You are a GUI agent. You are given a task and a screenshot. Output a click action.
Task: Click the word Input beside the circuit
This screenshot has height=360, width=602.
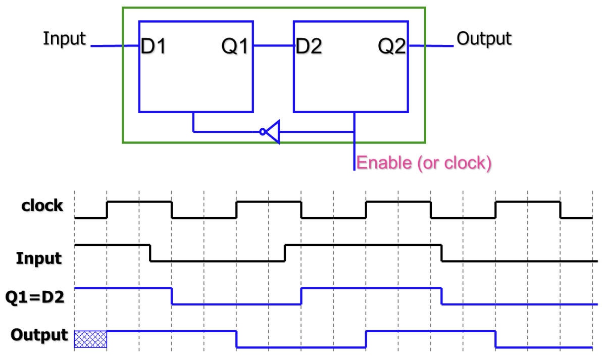tap(65, 39)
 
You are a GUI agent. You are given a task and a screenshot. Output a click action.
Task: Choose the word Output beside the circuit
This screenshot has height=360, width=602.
tap(484, 39)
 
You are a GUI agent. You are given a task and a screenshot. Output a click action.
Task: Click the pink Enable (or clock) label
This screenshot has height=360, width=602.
tap(424, 163)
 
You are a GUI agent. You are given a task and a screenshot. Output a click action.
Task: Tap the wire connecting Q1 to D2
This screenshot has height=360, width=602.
tap(273, 46)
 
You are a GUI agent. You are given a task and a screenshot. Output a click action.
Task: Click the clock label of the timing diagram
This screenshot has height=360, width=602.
tap(42, 206)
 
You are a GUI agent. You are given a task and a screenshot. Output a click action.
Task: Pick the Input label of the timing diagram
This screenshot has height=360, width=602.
tap(39, 259)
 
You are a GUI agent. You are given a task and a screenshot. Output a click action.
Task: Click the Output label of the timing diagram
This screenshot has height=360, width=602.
tap(39, 335)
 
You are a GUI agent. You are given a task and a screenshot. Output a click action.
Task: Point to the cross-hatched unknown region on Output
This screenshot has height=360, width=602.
tap(90, 339)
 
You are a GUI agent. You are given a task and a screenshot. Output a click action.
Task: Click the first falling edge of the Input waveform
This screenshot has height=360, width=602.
tap(150, 253)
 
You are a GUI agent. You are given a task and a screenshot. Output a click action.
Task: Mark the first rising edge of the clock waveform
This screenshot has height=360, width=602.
tap(107, 210)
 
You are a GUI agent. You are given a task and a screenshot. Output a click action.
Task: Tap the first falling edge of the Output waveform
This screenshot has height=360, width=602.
tap(236, 339)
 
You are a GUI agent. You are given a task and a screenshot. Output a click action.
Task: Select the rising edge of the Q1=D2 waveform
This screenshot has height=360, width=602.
tap(301, 296)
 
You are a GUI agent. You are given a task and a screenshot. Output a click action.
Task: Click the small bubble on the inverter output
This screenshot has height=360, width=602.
tap(262, 132)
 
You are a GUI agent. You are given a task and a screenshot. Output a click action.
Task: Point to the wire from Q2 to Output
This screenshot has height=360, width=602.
tap(432, 46)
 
